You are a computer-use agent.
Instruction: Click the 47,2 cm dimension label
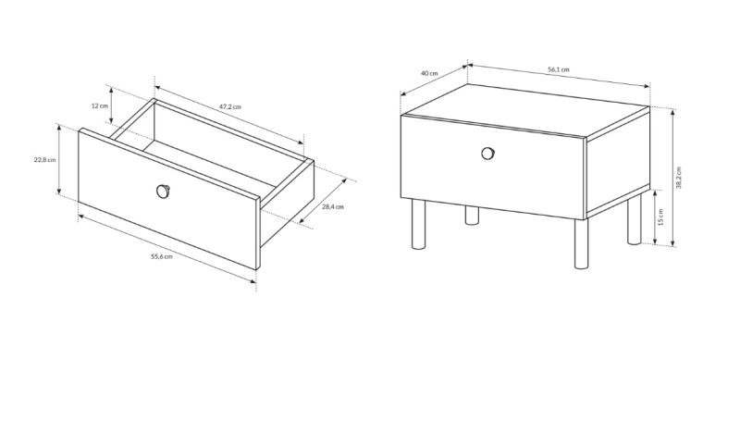pos(229,106)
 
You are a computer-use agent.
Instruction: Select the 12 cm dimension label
pos(100,105)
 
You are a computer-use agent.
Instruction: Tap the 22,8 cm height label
pos(44,159)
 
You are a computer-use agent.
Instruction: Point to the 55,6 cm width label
pos(161,256)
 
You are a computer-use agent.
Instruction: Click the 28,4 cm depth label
pos(333,206)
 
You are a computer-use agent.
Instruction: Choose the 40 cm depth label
pos(429,73)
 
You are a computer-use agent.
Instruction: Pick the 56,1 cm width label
pos(559,69)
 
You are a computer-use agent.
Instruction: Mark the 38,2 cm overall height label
pos(679,178)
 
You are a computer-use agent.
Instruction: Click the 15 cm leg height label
pos(660,217)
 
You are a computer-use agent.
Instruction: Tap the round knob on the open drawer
pos(163,192)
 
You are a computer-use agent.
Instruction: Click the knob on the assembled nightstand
pos(488,154)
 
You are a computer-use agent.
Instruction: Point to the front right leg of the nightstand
pos(582,243)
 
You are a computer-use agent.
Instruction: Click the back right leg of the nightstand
pos(635,219)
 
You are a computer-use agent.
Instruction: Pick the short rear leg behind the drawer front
pos(472,216)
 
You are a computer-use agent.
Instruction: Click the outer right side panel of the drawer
pos(287,204)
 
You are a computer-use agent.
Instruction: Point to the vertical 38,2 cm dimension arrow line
pos(672,178)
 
